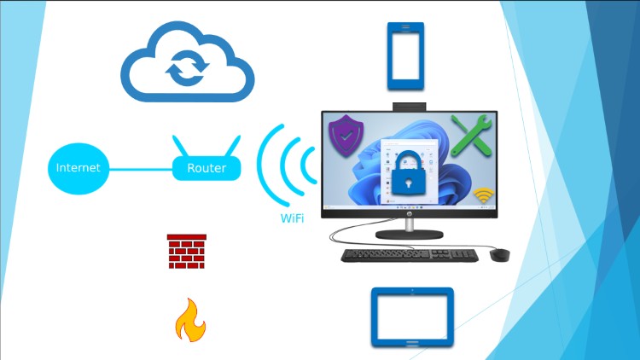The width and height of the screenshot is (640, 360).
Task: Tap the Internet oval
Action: pyautogui.click(x=78, y=168)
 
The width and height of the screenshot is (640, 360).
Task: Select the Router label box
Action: pyautogui.click(x=207, y=168)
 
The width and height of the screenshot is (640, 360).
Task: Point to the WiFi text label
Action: pyautogui.click(x=293, y=218)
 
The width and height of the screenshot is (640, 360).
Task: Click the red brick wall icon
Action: pyautogui.click(x=187, y=252)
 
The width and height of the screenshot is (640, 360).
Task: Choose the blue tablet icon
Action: pyautogui.click(x=412, y=316)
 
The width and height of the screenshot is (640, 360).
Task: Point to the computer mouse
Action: pyautogui.click(x=500, y=254)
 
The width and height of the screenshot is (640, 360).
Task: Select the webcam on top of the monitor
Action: pyautogui.click(x=409, y=107)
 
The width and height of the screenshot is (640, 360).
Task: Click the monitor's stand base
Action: pyautogui.click(x=409, y=233)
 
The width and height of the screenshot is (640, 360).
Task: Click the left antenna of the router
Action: pyautogui.click(x=179, y=145)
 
